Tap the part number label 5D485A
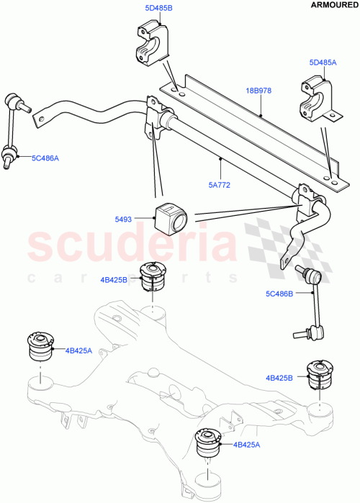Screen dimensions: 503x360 (322, 63)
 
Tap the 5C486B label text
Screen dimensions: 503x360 (279, 294)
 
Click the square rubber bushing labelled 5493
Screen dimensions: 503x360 (168, 214)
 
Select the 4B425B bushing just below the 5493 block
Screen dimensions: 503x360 (155, 276)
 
